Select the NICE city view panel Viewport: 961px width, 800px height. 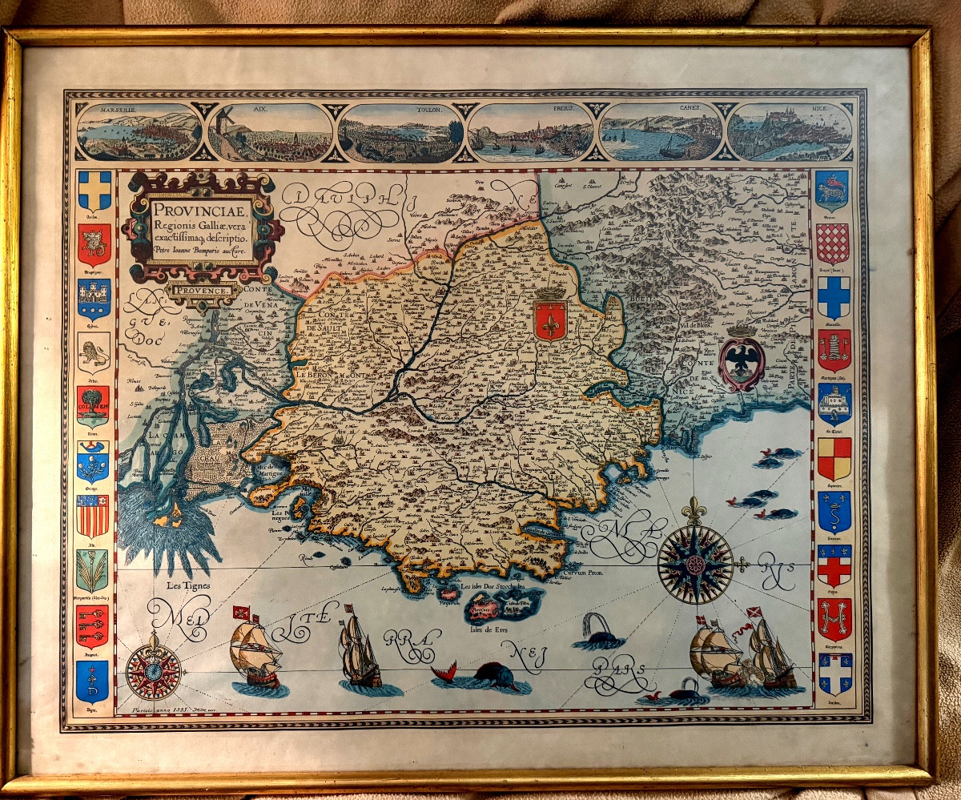790,133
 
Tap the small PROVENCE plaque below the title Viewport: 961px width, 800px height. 203,290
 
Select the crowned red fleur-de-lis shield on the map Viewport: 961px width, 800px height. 550,318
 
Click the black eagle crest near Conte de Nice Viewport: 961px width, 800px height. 742,361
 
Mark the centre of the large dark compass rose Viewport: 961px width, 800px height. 695,562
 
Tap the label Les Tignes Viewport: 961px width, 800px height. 187,585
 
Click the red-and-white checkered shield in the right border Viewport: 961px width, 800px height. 833,243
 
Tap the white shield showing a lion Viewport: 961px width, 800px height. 93,351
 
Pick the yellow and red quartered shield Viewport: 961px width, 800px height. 833,459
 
